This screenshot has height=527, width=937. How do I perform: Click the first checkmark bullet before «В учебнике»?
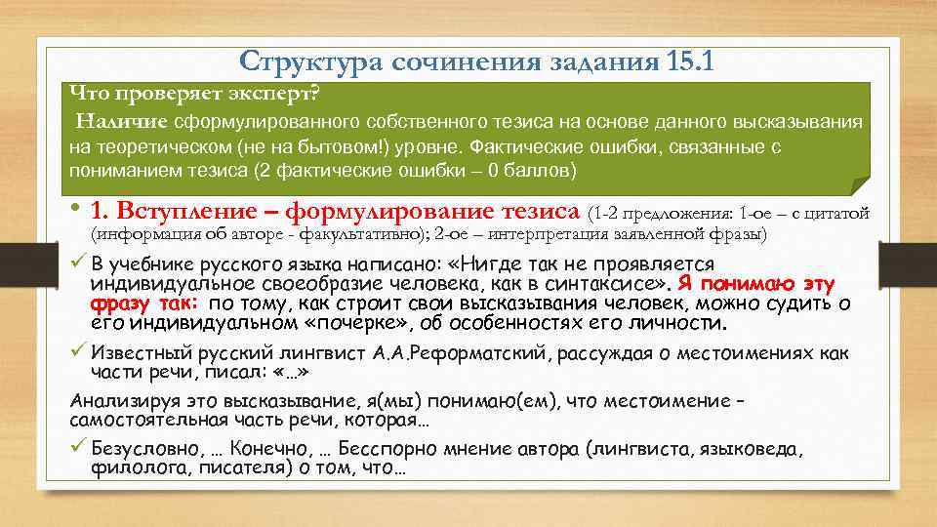[x=79, y=264]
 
